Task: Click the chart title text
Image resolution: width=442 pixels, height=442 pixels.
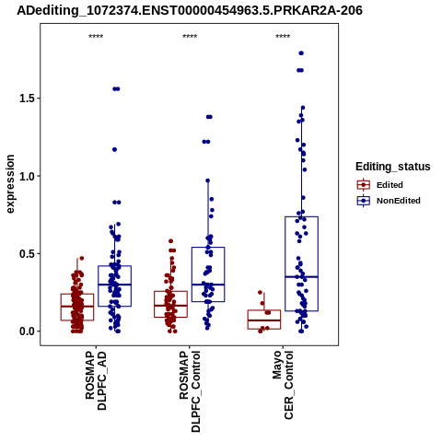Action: click(190, 10)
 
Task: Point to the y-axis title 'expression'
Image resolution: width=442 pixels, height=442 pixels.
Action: click(10, 184)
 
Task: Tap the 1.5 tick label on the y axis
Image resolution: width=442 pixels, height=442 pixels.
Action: click(26, 99)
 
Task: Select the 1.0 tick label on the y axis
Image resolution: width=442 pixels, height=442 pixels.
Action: click(26, 176)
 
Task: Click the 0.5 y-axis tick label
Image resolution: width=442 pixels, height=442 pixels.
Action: click(26, 253)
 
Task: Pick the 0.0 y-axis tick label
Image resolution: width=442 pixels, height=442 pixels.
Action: click(26, 331)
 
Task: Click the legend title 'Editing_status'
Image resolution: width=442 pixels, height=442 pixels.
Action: click(393, 167)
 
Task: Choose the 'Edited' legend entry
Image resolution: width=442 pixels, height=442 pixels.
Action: click(390, 185)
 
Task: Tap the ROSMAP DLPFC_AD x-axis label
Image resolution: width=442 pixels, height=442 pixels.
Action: click(96, 380)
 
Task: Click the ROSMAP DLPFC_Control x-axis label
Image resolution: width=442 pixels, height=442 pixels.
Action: click(190, 391)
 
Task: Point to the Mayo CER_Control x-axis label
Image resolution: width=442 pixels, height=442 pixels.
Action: click(283, 385)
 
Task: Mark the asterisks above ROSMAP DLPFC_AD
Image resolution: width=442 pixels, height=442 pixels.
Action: click(96, 37)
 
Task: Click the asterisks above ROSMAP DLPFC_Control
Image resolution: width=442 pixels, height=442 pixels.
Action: click(190, 37)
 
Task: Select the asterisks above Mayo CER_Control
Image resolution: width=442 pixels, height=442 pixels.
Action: click(283, 37)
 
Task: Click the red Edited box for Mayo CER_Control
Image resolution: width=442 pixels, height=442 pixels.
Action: click(264, 310)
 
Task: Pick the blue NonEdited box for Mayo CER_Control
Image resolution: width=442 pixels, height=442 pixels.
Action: click(285, 264)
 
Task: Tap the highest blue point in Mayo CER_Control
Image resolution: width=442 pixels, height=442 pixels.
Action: click(301, 53)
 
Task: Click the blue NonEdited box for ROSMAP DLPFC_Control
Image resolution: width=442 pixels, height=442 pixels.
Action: click(192, 274)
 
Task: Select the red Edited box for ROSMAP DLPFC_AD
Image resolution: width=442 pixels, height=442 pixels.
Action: click(61, 307)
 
